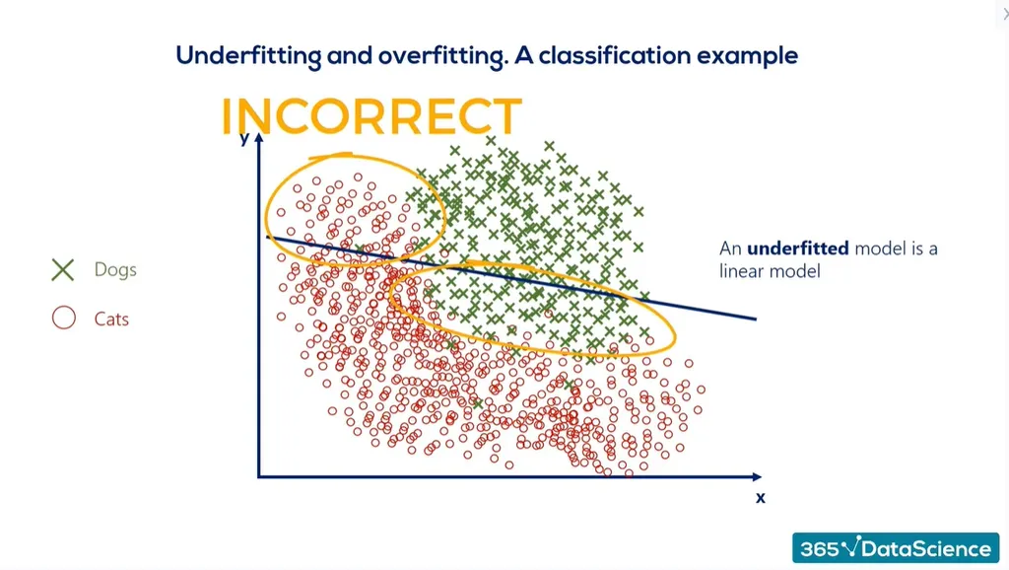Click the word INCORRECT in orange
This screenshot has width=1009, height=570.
point(370,117)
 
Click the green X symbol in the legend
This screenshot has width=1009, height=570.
point(64,269)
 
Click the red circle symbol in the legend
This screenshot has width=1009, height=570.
point(64,319)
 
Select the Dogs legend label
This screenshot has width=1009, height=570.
point(115,269)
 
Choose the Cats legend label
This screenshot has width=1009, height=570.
point(111,320)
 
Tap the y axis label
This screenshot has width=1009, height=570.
point(243,138)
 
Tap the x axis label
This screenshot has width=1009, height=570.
point(760,498)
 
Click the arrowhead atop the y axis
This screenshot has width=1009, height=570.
point(259,139)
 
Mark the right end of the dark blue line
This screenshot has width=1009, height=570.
point(754,319)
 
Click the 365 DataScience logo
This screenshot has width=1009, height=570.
point(895,548)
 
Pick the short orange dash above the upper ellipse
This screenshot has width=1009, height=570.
point(331,155)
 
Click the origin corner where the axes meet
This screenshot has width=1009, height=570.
point(259,476)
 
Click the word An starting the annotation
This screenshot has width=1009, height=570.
point(730,249)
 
